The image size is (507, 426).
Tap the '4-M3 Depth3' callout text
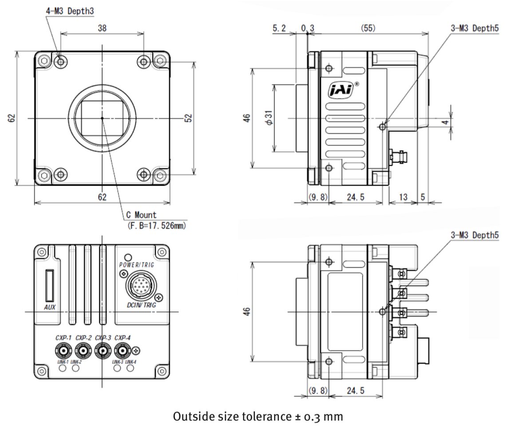[70, 11]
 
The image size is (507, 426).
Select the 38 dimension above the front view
[102, 28]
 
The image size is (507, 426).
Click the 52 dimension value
[188, 118]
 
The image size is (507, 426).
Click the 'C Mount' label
[141, 215]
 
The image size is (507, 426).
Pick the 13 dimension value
[403, 197]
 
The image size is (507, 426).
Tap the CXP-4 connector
[122, 351]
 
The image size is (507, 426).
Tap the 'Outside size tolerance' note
[258, 417]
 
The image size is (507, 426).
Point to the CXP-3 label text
[103, 338]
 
